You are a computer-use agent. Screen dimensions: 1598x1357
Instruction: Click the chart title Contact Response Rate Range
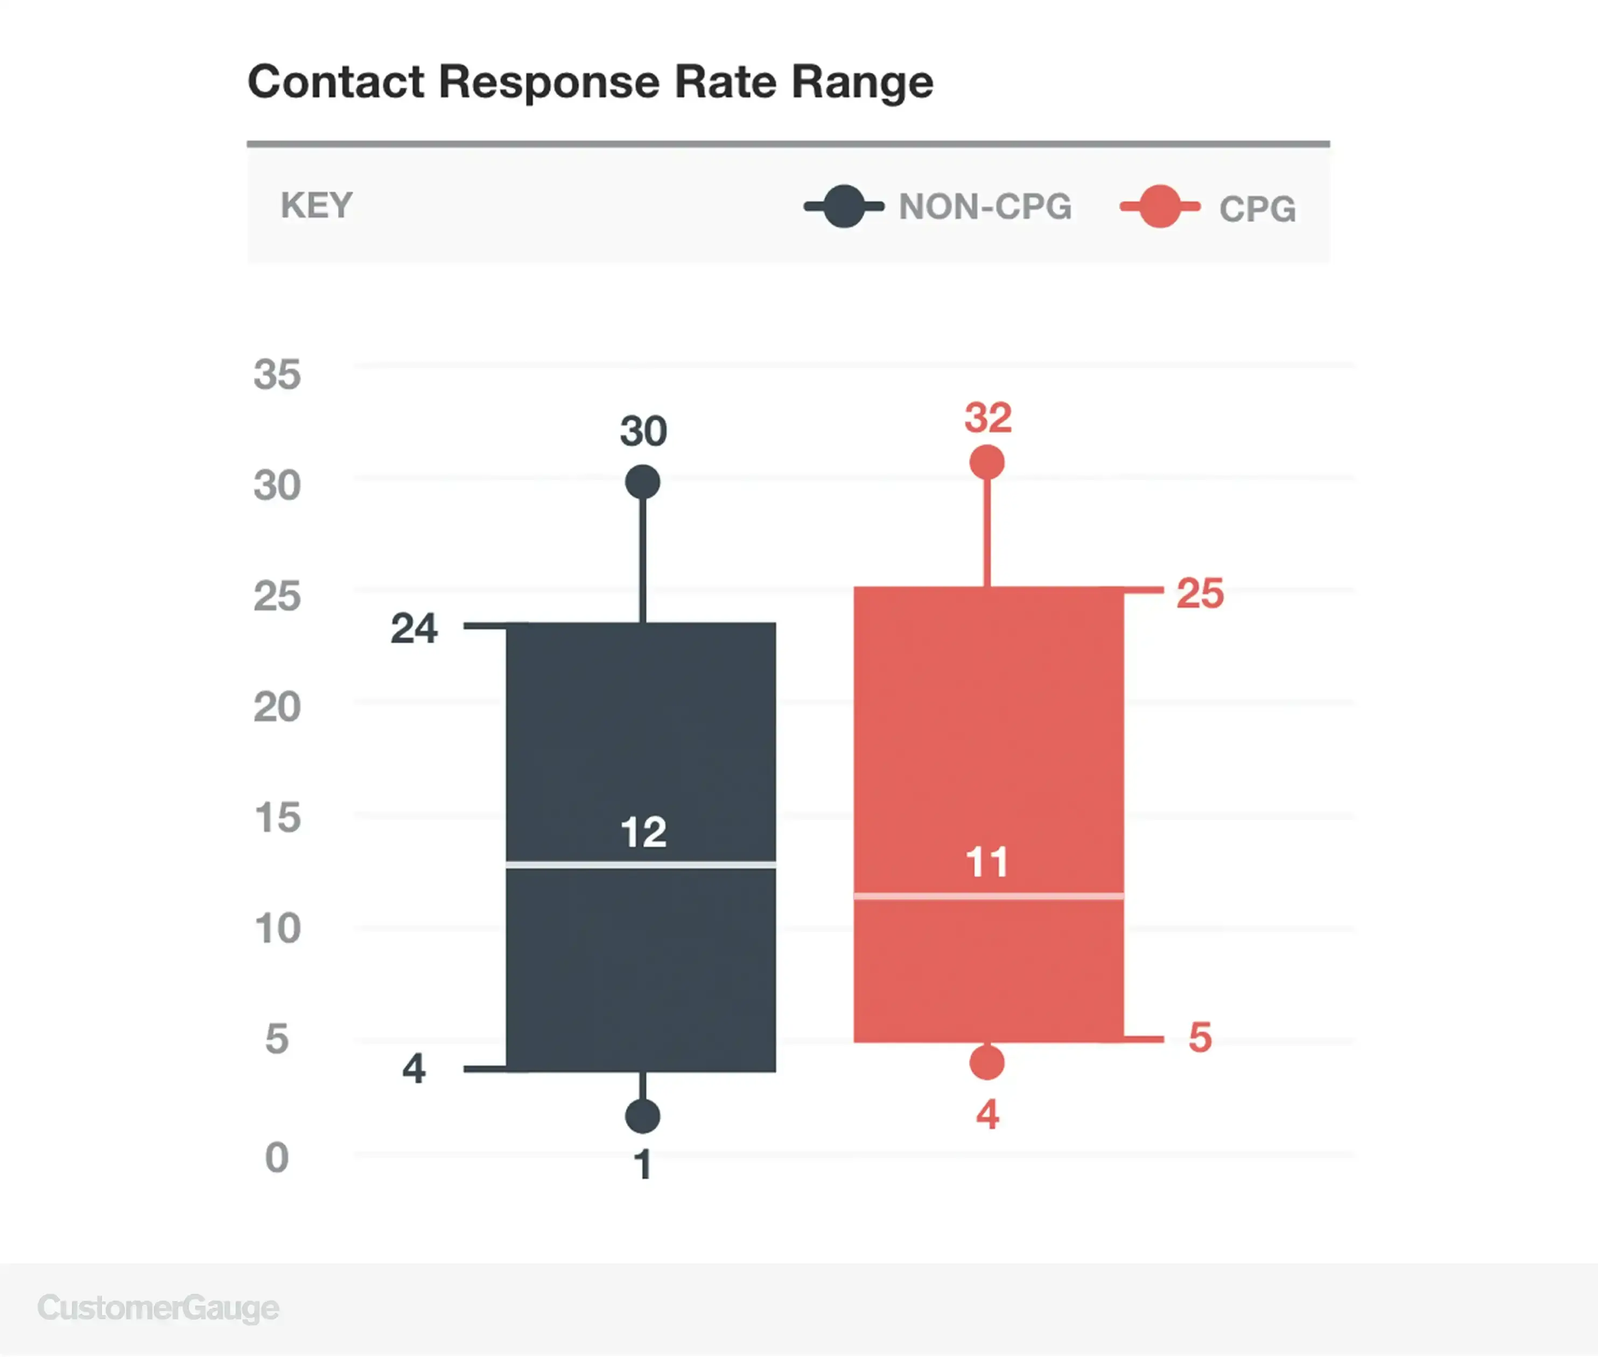point(591,82)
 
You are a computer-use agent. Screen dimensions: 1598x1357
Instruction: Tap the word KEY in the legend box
point(317,206)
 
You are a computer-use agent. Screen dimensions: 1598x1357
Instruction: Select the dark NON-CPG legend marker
point(844,206)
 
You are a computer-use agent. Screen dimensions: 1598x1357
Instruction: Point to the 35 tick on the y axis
point(277,374)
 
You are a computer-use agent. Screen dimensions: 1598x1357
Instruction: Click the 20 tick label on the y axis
point(277,707)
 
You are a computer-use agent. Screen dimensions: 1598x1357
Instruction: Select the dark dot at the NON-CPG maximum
point(643,482)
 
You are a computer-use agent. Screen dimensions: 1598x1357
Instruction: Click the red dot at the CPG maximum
point(987,462)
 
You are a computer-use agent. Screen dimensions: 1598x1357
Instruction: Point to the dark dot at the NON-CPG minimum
point(643,1116)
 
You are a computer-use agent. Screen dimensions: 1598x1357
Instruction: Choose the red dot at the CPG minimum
point(987,1062)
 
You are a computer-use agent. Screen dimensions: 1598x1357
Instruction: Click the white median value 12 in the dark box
point(643,832)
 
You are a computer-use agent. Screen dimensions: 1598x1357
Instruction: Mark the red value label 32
point(989,418)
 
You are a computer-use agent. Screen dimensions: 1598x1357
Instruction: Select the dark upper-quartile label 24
point(414,628)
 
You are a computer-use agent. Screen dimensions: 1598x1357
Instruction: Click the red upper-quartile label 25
point(1200,593)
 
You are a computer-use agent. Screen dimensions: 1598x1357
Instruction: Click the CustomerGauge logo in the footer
point(159,1307)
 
